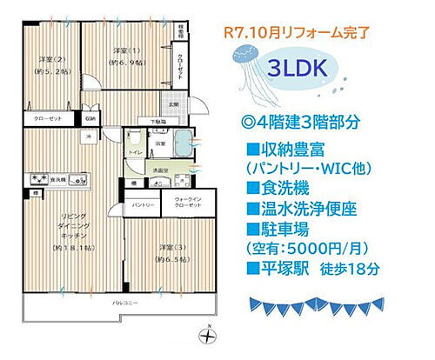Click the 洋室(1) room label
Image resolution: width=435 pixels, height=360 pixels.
(122, 56)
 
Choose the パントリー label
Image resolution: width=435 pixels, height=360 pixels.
(144, 204)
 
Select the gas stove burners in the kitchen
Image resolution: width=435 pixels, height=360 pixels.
(41, 180)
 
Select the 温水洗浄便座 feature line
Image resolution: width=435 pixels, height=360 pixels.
(311, 209)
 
